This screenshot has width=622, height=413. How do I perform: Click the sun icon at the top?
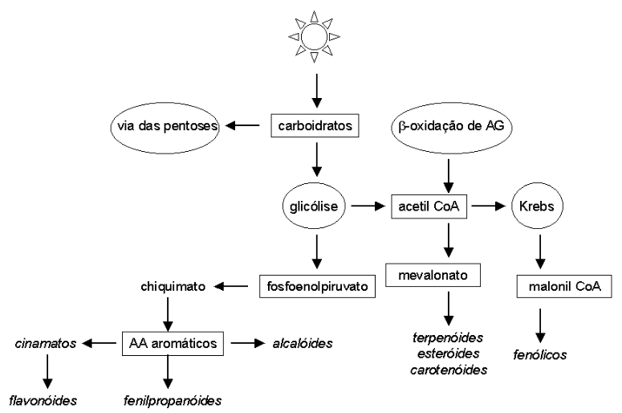click(x=315, y=35)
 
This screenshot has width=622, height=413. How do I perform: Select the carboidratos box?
click(x=316, y=126)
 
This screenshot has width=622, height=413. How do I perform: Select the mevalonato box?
click(x=433, y=276)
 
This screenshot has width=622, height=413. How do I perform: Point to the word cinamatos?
click(x=45, y=344)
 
